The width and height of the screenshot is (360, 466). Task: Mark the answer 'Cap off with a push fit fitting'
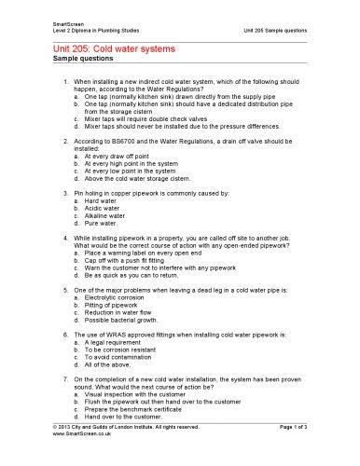click(x=135, y=261)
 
